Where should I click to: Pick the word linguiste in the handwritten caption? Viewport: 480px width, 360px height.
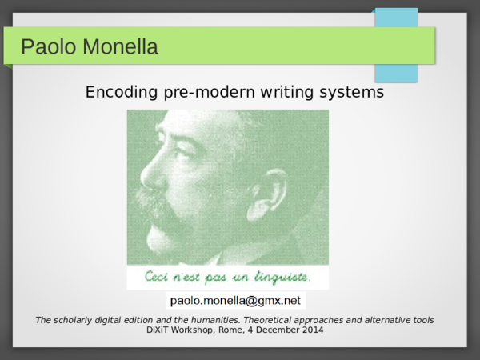pos(280,278)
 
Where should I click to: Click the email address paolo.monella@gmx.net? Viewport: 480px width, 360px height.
pos(235,301)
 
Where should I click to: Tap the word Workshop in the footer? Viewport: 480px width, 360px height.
pos(201,330)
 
